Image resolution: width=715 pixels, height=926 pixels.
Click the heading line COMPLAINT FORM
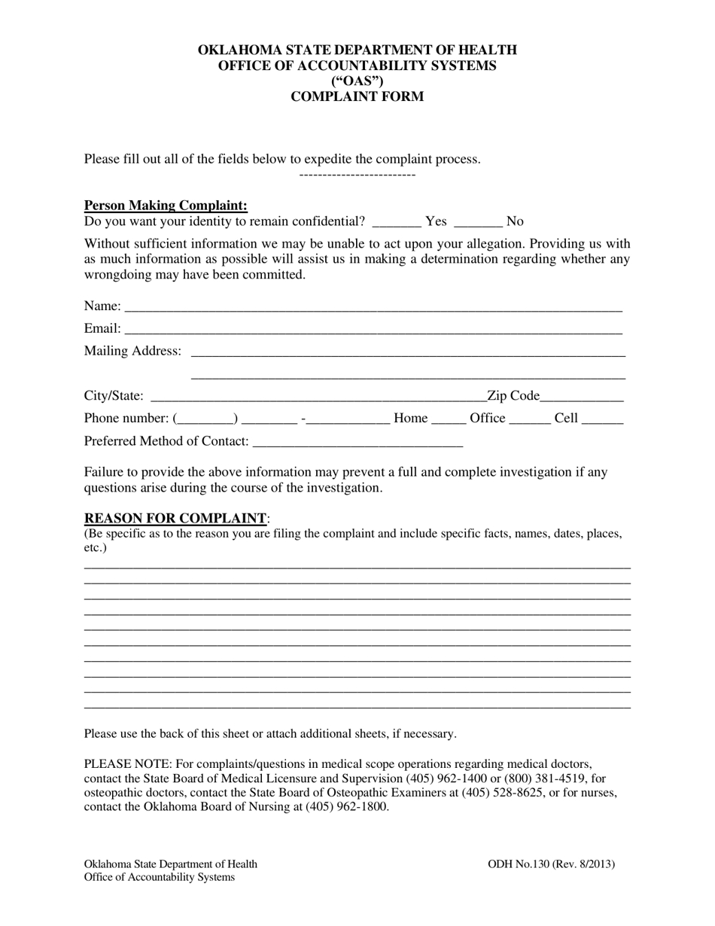[x=357, y=96]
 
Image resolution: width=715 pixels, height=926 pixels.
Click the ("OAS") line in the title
[x=357, y=81]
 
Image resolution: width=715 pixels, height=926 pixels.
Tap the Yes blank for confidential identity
[x=397, y=222]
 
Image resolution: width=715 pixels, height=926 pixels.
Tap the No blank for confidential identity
[x=479, y=222]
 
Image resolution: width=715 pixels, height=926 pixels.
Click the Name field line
[x=373, y=307]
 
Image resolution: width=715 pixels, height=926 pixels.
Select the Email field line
[x=373, y=330]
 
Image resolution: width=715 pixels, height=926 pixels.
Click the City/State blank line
[x=319, y=398]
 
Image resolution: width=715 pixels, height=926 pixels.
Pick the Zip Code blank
[x=582, y=398]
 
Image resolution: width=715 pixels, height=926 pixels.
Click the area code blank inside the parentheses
[x=205, y=419]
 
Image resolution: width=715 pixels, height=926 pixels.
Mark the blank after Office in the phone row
[x=530, y=419]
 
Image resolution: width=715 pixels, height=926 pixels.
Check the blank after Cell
[x=602, y=419]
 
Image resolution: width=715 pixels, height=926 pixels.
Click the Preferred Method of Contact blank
[x=357, y=443]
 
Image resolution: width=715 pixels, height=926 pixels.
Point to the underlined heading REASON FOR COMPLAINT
[x=175, y=518]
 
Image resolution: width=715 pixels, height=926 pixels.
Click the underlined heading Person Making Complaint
[x=166, y=206]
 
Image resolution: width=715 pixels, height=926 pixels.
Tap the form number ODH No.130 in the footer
[x=519, y=864]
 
